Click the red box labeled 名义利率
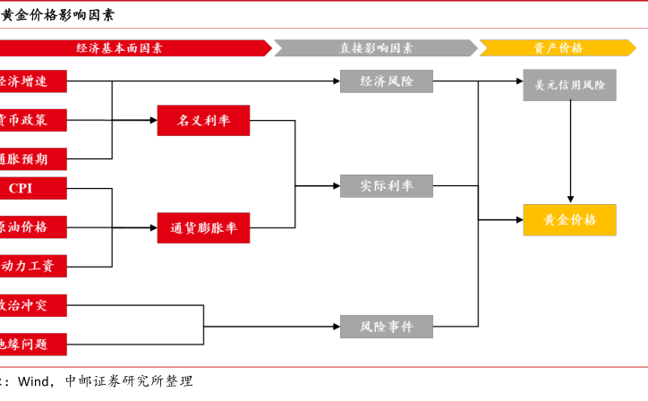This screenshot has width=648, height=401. [x=203, y=120]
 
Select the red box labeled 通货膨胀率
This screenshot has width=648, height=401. [x=203, y=227]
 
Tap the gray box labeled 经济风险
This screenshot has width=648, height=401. [x=386, y=81]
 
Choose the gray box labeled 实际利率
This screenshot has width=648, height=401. [x=386, y=186]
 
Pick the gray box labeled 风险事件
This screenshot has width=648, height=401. [x=386, y=327]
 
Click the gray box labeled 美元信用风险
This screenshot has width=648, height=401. [x=569, y=86]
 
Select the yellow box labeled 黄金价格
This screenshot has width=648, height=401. [x=569, y=220]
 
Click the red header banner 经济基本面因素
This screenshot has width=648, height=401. [x=134, y=48]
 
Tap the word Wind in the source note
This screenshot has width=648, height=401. [x=33, y=381]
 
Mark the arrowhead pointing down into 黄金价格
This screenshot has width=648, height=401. [x=570, y=199]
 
